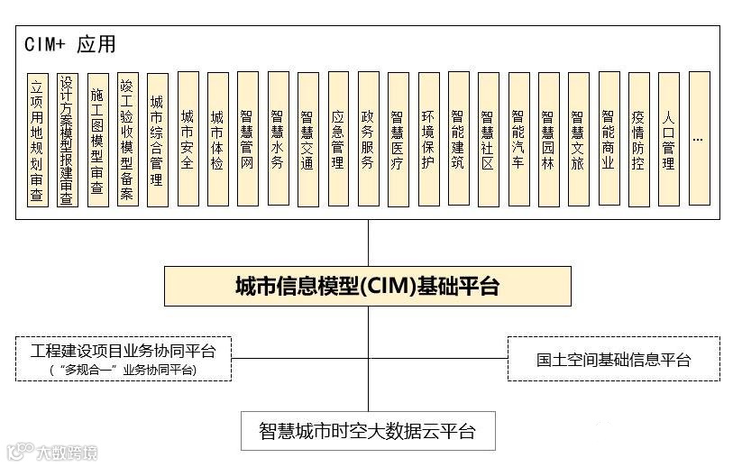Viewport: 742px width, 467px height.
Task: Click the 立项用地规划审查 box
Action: (x=37, y=140)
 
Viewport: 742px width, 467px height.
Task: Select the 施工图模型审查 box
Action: (x=97, y=140)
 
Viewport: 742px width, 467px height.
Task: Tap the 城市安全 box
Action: (x=188, y=140)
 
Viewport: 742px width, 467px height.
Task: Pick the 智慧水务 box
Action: (x=278, y=140)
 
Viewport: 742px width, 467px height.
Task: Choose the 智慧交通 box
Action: (x=307, y=140)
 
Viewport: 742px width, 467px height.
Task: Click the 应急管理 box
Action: (x=337, y=140)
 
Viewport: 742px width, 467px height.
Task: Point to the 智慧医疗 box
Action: (x=398, y=140)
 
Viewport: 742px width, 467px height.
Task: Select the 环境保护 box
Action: (x=428, y=140)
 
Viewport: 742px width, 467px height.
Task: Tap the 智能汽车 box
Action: (x=518, y=140)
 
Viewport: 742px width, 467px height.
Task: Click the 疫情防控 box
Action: (x=638, y=140)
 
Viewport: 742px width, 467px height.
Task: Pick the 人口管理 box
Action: (x=668, y=140)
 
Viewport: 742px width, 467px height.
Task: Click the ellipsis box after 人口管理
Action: (x=699, y=140)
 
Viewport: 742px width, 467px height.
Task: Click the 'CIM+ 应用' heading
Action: (x=71, y=44)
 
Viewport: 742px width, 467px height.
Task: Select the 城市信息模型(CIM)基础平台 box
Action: (x=367, y=287)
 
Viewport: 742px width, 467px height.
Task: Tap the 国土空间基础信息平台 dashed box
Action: (x=613, y=360)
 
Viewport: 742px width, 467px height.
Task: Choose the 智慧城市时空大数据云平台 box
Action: (x=367, y=430)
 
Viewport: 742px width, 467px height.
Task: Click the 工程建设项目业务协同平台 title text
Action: (x=124, y=350)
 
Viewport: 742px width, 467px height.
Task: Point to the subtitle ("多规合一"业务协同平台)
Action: (x=124, y=370)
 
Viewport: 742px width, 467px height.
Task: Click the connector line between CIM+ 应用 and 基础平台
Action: (x=368, y=243)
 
